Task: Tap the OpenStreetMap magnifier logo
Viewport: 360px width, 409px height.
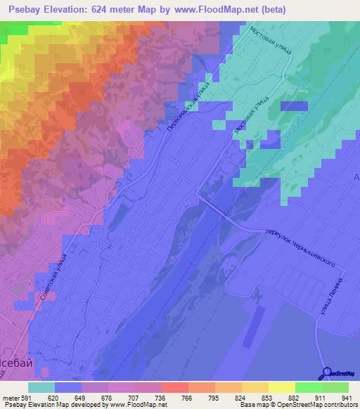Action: point(328,372)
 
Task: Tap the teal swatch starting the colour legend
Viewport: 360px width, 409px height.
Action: point(41,387)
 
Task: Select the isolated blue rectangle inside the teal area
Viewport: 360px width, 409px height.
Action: point(293,106)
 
